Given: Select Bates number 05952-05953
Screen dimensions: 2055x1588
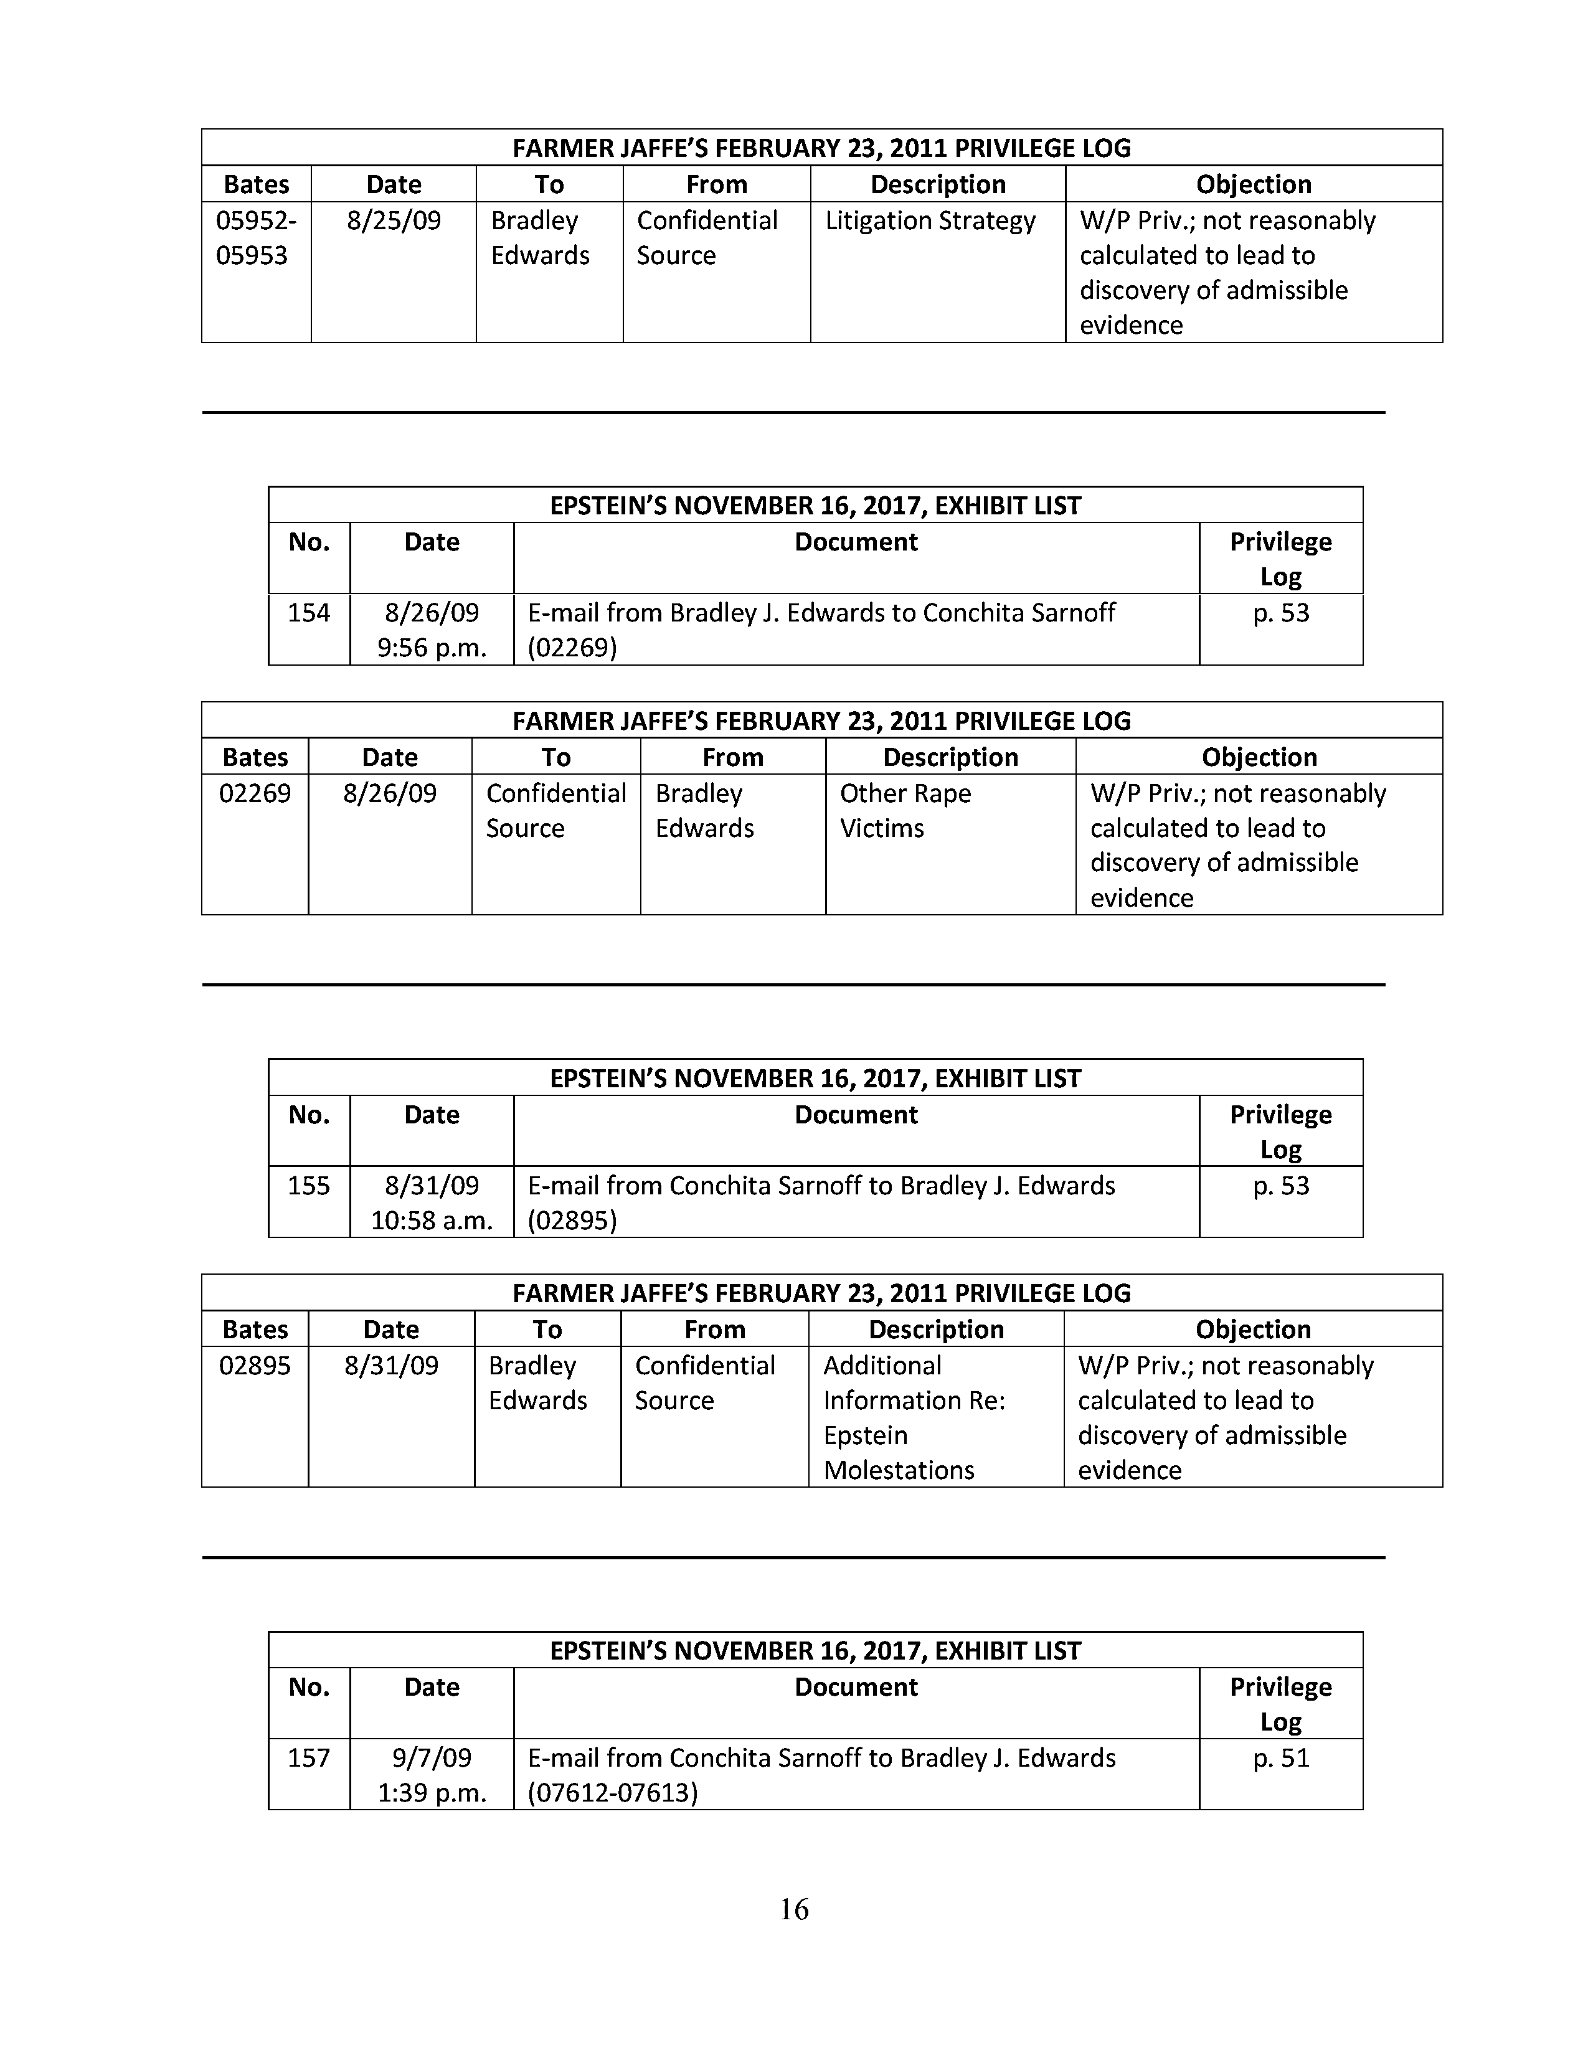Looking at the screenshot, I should point(255,238).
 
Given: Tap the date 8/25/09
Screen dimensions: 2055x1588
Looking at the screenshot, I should point(393,220).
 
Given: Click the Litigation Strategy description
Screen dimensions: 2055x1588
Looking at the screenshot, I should point(930,220).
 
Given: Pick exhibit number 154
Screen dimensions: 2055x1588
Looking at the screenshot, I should point(308,613).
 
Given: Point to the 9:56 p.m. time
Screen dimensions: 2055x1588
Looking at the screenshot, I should point(432,648).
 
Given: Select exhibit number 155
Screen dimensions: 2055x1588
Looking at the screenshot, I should point(308,1186).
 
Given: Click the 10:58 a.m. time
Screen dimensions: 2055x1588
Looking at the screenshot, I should point(432,1221).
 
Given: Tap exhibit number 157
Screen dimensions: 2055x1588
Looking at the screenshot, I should point(308,1758).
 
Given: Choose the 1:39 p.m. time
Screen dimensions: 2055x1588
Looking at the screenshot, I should point(432,1792).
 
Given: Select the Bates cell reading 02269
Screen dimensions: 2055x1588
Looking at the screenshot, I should point(255,793).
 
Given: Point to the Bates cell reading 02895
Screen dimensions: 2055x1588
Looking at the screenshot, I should point(255,1365).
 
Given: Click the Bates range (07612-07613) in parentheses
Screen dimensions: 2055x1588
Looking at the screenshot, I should point(612,1792).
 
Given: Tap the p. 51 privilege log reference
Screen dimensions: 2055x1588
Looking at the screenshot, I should point(1280,1758).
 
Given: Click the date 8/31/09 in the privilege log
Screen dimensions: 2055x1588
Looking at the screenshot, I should point(391,1365).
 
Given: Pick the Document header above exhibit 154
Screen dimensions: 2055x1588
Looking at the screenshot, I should point(856,542).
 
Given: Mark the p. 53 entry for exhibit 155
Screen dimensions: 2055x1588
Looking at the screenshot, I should point(1280,1186).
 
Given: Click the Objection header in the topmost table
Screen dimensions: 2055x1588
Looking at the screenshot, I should point(1253,184).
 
